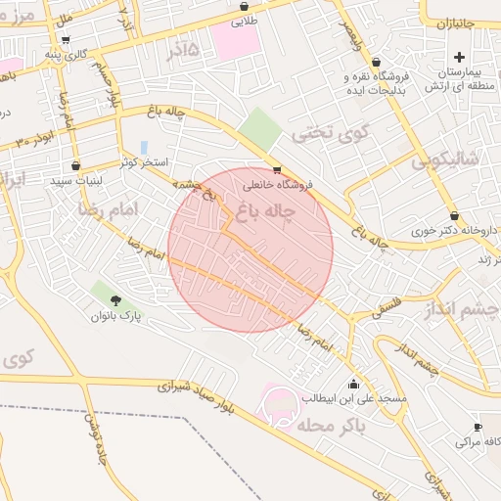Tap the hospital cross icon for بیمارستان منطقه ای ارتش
[x=459, y=58]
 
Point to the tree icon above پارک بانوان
[x=116, y=300]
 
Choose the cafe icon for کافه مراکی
[x=478, y=428]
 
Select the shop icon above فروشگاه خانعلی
[x=277, y=168]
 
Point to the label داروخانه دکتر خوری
[x=453, y=232]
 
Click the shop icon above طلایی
[x=243, y=6]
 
